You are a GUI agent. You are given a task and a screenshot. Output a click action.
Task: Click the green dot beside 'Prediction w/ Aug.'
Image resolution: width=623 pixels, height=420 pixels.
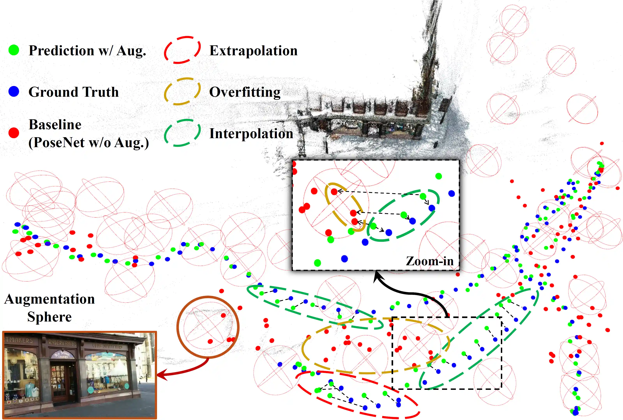click(14, 50)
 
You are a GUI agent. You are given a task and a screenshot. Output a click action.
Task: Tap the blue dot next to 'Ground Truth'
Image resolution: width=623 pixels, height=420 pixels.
click(14, 91)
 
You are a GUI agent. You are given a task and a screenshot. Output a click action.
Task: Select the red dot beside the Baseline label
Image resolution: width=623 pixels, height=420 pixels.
click(14, 133)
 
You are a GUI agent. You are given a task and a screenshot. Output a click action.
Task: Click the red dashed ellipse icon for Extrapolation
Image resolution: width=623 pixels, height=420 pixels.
click(182, 50)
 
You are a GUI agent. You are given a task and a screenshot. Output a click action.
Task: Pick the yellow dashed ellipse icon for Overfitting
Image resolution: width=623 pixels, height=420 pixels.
click(182, 91)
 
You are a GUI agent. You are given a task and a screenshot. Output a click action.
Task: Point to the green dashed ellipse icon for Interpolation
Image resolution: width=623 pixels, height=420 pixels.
click(182, 133)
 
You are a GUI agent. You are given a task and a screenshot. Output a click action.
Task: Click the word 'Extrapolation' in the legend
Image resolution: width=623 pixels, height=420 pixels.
click(253, 51)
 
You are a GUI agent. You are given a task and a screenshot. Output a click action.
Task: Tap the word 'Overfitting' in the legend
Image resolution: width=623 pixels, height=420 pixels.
click(244, 92)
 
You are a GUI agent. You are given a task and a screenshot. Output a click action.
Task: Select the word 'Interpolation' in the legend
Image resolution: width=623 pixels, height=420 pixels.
click(251, 133)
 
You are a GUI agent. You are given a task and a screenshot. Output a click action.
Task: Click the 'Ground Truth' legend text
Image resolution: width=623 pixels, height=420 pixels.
click(73, 92)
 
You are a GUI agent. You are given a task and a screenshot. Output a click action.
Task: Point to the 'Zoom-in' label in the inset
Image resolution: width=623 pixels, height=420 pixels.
click(429, 261)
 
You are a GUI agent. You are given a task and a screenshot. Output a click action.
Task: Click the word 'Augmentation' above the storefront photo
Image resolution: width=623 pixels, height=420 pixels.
click(50, 299)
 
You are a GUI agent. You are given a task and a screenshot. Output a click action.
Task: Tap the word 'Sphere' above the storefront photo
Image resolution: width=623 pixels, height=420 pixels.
click(50, 317)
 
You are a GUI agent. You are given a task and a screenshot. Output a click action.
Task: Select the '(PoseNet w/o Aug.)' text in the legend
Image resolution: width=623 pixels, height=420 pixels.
click(88, 142)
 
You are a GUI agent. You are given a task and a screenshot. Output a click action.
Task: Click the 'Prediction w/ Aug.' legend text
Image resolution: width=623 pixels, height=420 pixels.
click(87, 51)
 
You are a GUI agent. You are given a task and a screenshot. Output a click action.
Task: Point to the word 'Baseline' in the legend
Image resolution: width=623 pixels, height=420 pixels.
click(55, 125)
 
